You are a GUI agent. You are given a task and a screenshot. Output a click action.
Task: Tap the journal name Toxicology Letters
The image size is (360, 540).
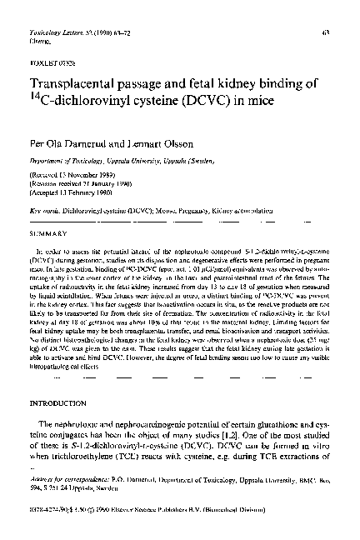pyautogui.click(x=52, y=32)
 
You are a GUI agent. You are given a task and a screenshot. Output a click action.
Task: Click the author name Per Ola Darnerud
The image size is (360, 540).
pyautogui.click(x=65, y=145)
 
